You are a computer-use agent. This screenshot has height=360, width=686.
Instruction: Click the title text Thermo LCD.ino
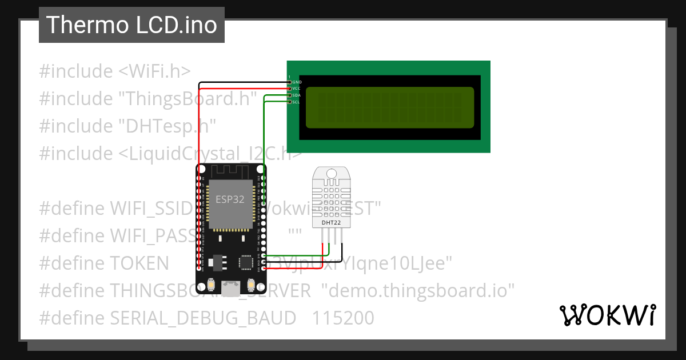[x=131, y=25]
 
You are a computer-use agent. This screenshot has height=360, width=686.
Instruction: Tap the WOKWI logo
[x=607, y=315]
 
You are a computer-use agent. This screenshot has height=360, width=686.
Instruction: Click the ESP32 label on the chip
[x=228, y=199]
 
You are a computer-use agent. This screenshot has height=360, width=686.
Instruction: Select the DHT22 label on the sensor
[x=329, y=221]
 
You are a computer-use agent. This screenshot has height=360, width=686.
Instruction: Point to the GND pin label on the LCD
[x=297, y=82]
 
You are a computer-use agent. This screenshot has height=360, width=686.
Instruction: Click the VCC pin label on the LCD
[x=297, y=89]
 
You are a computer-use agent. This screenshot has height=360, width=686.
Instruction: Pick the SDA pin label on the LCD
[x=297, y=95]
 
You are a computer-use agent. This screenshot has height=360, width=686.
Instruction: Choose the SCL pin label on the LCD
[x=297, y=102]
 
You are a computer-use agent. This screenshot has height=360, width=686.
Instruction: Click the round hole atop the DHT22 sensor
[x=330, y=173]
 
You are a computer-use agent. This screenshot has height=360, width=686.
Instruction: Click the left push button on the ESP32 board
[x=212, y=285]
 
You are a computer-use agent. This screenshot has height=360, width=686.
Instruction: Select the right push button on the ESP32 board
[x=250, y=285]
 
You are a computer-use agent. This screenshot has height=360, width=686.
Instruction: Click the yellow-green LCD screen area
[x=390, y=107]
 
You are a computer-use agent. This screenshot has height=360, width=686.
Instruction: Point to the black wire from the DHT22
[x=342, y=251]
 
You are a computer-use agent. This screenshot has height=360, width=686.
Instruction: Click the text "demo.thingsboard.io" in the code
[x=418, y=290]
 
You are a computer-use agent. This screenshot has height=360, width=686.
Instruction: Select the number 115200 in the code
[x=342, y=318]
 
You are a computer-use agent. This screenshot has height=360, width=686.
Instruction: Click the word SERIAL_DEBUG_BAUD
[x=203, y=318]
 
